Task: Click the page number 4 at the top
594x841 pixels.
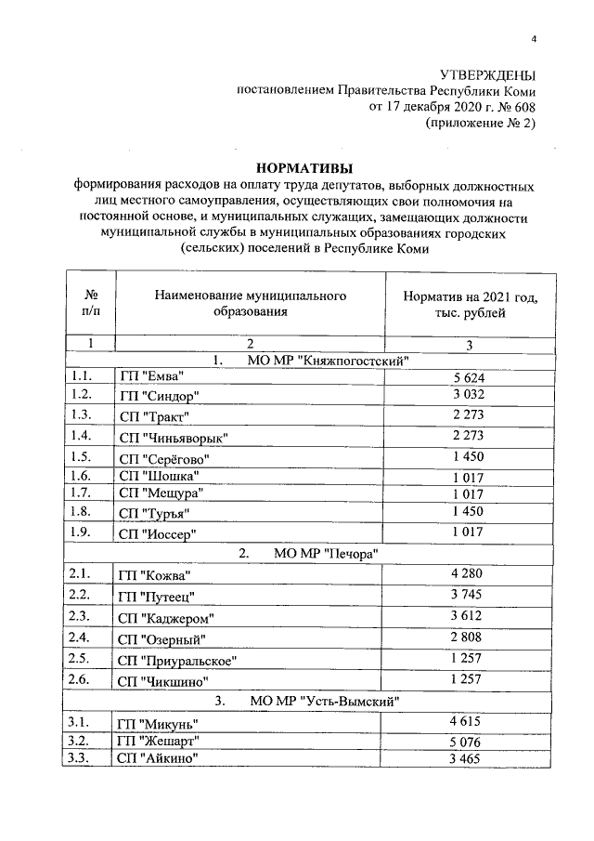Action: tap(534, 38)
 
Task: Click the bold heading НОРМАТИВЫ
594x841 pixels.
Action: tap(303, 168)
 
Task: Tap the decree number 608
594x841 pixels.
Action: tap(523, 107)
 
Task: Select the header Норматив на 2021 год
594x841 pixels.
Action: tap(471, 296)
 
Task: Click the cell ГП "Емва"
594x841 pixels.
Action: tap(151, 376)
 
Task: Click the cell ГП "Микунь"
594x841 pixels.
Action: tap(158, 723)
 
